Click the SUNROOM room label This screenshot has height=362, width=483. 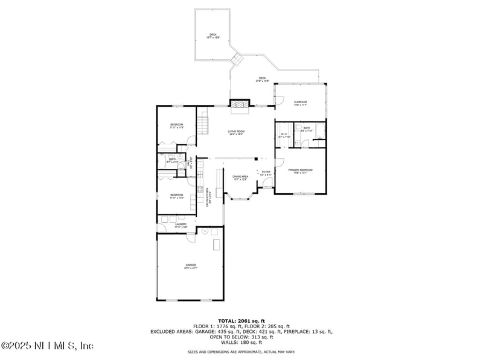301,103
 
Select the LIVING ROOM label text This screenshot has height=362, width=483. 236,132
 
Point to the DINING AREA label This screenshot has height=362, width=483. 241,177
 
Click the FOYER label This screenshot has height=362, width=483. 266,173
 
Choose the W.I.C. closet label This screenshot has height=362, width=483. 284,135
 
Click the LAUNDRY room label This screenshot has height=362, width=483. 181,225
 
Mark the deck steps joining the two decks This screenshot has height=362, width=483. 238,60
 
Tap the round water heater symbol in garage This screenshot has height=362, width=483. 205,231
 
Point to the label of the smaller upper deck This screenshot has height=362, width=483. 213,35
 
